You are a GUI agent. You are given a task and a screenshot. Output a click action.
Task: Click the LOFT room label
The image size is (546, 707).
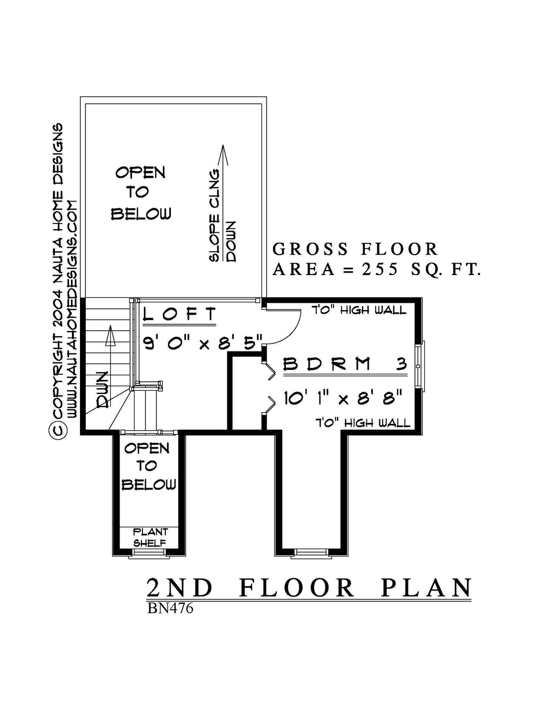(x=180, y=314)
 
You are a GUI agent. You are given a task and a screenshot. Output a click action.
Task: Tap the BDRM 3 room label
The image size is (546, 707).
(x=345, y=364)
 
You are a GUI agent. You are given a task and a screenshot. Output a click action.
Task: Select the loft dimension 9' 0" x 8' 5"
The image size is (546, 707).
(x=203, y=342)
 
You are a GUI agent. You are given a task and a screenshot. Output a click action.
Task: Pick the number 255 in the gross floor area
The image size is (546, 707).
(x=380, y=270)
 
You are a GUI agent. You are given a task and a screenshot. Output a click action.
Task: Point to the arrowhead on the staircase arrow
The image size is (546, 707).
(x=111, y=335)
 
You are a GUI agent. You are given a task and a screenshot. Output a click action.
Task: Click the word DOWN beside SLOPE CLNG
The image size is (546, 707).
(x=231, y=241)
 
